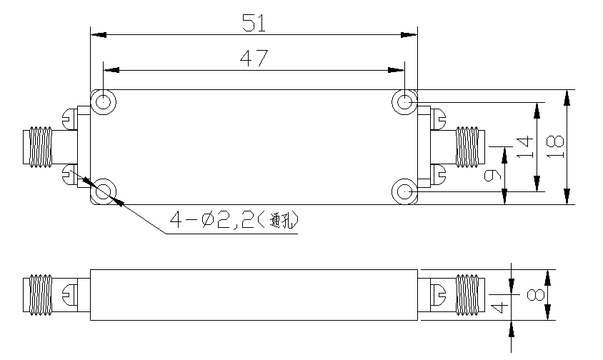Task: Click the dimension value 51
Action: click(254, 23)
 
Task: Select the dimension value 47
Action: click(254, 59)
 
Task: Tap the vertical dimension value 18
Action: click(555, 147)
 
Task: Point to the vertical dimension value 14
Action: click(525, 147)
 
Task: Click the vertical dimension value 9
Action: click(492, 176)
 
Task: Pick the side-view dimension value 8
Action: click(536, 295)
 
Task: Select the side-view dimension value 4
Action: click(499, 307)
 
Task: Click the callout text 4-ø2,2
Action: click(212, 221)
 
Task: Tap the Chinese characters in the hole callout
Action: click(283, 221)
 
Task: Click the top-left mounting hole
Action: click(103, 102)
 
